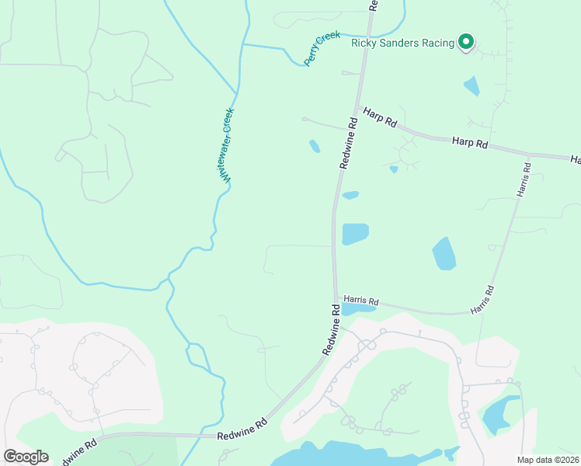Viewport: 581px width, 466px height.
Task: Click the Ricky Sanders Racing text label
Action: point(402,43)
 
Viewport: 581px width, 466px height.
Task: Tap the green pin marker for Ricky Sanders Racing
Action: point(465,41)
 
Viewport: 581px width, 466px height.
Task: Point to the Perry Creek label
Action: point(322,49)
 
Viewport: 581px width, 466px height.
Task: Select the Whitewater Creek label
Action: point(226,145)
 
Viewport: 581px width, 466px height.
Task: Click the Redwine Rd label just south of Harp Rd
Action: point(347,143)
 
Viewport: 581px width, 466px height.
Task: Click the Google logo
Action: point(26,457)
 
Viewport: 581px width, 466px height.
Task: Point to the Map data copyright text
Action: point(548,460)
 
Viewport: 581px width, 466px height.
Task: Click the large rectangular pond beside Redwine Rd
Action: point(355,234)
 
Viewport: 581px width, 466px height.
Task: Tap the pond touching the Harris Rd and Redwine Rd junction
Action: point(357,309)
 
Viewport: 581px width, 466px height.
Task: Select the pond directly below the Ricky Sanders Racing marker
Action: point(471,85)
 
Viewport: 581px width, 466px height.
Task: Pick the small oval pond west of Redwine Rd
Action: point(315,146)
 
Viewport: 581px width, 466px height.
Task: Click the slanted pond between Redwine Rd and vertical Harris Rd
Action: point(444,254)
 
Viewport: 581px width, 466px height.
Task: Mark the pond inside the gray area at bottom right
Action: point(499,416)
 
